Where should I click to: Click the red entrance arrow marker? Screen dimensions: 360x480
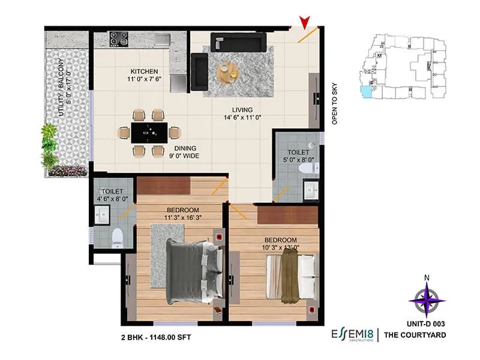coord(307,23)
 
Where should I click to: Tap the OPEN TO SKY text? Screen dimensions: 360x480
coord(335,102)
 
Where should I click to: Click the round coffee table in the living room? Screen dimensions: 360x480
coord(228,71)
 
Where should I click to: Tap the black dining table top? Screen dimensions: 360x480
coord(148,133)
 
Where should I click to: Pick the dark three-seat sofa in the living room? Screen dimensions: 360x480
coord(238,43)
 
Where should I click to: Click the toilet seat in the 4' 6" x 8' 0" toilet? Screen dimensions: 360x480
coord(118,237)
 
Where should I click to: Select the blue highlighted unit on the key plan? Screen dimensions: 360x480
coord(365,92)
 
